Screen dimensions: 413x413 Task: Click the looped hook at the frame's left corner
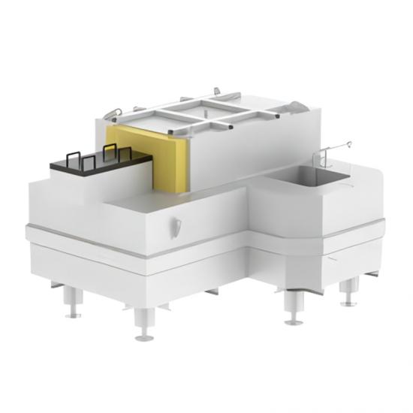click(x=113, y=113)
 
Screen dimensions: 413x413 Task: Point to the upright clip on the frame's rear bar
click(x=219, y=92)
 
